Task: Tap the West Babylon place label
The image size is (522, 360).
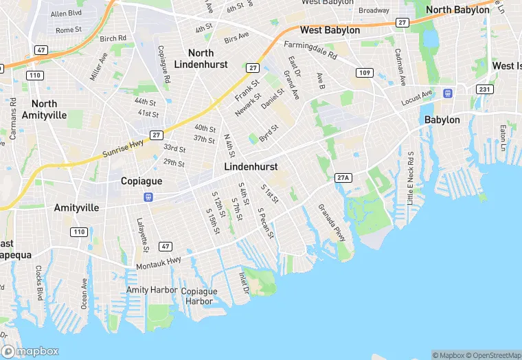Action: (330, 30)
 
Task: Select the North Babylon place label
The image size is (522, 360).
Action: (457, 10)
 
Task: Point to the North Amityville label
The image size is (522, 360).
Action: (45, 109)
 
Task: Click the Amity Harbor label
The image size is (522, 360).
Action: (152, 290)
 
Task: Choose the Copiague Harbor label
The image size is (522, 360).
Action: (199, 296)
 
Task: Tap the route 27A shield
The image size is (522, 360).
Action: (343, 178)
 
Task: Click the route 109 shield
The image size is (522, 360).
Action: (364, 72)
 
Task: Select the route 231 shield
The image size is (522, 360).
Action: (485, 89)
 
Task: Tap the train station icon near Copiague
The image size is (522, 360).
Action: (148, 197)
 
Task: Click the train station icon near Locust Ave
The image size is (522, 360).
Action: (448, 93)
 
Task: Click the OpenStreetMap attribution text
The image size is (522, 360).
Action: (492, 355)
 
